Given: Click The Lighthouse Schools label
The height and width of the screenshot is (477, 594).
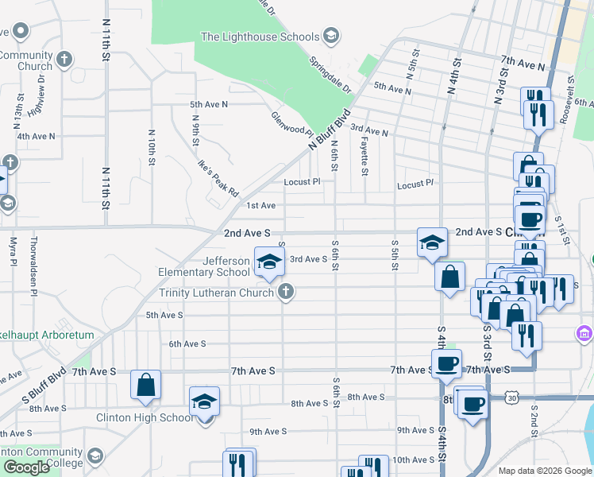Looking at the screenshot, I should pos(260,37).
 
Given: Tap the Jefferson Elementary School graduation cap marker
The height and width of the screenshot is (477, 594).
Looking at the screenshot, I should pos(269,261).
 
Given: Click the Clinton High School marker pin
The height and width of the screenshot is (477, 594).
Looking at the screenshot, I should pos(204,401).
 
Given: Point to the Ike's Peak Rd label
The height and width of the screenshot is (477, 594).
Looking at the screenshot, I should pos(217,179).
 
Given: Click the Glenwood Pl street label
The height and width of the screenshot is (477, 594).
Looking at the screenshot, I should pos(293,123).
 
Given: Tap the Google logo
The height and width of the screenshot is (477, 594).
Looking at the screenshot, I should pos(26,467).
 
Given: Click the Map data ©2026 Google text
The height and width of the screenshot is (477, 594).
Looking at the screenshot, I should pos(544,471).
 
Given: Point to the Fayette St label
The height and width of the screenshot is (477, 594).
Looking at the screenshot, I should pos(364,156).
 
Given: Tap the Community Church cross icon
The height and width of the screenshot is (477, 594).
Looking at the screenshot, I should pos(64,60).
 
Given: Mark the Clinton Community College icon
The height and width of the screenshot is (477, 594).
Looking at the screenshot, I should pos(95,456).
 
